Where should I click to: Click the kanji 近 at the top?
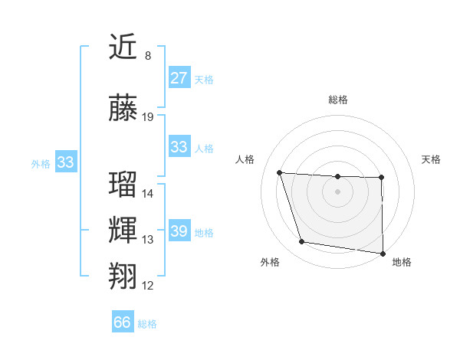(123, 47)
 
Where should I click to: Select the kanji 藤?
(123, 109)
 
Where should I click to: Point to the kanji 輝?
(123, 230)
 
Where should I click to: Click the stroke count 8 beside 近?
(148, 56)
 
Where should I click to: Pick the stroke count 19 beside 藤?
(148, 117)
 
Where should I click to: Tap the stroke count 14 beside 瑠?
(148, 193)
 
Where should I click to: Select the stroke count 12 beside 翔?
(148, 286)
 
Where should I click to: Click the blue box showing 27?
(179, 78)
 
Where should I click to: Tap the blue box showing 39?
(179, 231)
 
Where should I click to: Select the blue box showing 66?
(123, 322)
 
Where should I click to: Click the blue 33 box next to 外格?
(65, 162)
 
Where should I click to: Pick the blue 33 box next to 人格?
(179, 147)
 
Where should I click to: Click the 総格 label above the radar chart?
(338, 100)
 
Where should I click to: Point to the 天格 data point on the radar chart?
(382, 178)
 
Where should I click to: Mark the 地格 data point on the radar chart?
(383, 253)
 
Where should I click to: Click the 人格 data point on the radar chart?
(280, 173)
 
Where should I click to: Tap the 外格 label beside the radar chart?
(270, 262)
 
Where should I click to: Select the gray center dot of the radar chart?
(338, 191)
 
